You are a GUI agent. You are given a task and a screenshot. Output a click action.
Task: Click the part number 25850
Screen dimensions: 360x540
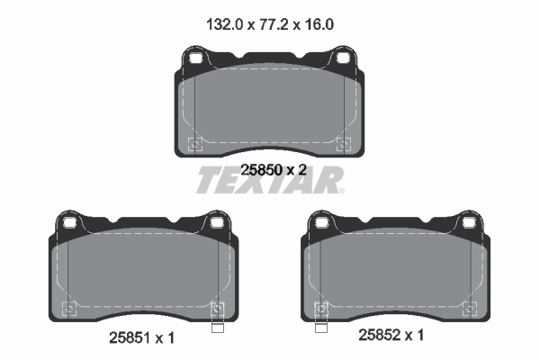click(x=260, y=169)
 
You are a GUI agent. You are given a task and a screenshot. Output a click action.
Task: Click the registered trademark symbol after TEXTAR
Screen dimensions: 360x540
click(x=339, y=191)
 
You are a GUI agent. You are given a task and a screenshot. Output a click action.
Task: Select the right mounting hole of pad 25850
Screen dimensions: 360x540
click(x=342, y=60)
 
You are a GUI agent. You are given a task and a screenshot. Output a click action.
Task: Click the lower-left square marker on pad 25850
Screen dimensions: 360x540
click(x=195, y=143)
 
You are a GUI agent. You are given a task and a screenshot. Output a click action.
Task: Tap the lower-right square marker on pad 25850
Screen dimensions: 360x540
click(x=342, y=143)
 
